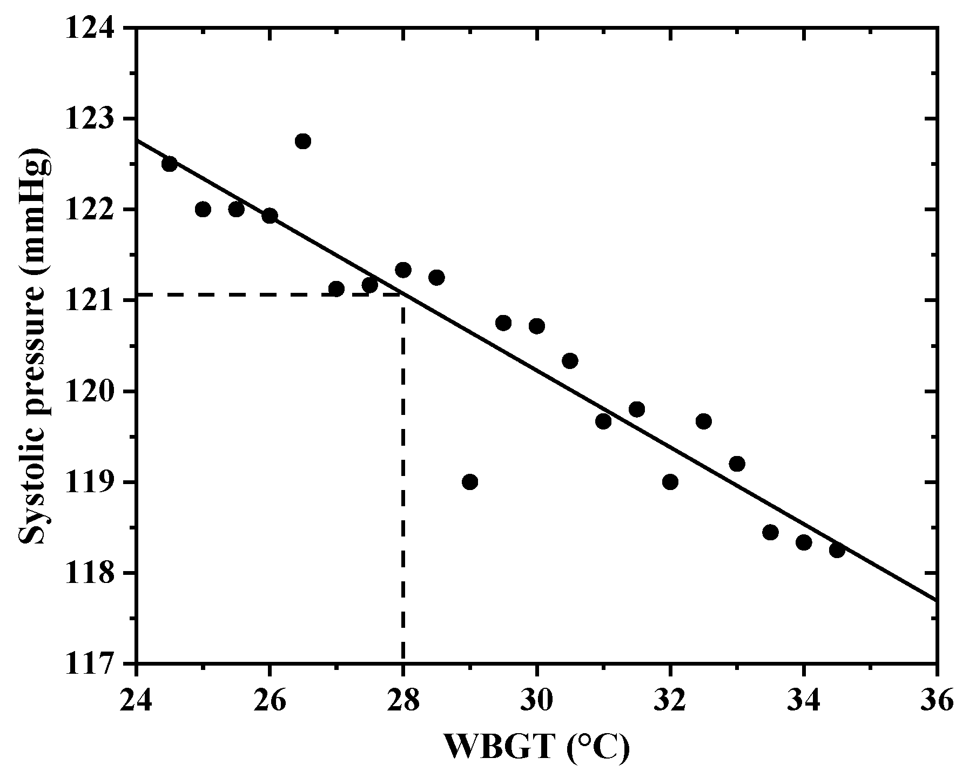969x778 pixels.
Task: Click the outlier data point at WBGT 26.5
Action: click(x=302, y=141)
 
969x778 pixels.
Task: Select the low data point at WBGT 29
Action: click(x=470, y=481)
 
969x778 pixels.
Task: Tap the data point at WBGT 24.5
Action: click(x=170, y=164)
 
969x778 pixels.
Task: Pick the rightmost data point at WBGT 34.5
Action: click(x=837, y=550)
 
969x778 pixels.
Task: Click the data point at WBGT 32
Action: click(x=670, y=481)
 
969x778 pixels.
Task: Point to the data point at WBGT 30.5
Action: click(x=570, y=360)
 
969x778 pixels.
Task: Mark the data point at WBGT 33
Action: click(x=737, y=463)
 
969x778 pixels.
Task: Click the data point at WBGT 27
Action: click(x=336, y=289)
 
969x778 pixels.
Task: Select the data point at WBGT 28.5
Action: click(x=436, y=277)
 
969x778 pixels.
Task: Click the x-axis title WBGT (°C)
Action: click(x=536, y=748)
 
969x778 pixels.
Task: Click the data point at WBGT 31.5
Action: click(x=637, y=409)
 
